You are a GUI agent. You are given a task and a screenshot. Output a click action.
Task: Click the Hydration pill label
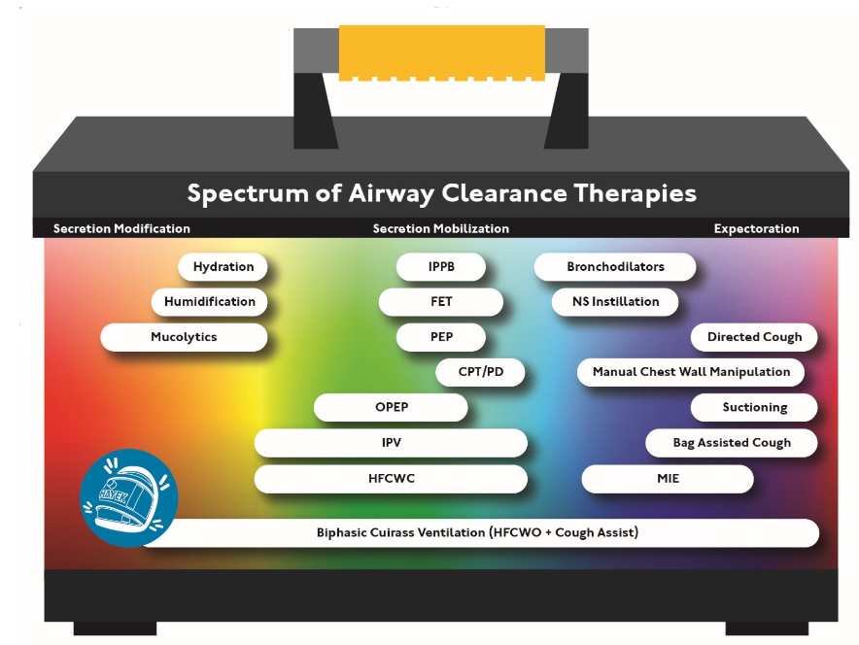point(223,267)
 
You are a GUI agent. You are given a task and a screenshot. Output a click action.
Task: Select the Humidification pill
point(209,302)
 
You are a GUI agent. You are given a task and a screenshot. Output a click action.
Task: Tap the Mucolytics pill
point(184,337)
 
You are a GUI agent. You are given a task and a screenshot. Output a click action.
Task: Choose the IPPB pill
point(441,267)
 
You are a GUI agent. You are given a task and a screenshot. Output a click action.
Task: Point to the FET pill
point(441,302)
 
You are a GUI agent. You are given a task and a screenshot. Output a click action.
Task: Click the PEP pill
point(441,337)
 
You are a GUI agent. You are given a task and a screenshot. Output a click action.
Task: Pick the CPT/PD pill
point(480,372)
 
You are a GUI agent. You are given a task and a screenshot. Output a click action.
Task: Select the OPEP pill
point(392,407)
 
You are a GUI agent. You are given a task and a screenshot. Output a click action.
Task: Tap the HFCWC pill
point(392,479)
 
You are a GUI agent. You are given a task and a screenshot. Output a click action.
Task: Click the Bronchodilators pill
point(615,267)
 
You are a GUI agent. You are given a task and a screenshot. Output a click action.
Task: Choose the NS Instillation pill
point(615,302)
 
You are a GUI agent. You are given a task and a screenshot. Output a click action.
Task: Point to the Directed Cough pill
point(754,337)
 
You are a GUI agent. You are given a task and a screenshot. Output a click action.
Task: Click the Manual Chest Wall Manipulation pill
point(691,372)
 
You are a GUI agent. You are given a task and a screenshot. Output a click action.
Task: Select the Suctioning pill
point(754,407)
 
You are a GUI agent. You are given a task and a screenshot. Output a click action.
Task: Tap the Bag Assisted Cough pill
point(732,442)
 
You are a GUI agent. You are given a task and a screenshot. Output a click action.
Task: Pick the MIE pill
point(668,479)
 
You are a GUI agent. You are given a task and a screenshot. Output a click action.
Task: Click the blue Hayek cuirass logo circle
point(128,497)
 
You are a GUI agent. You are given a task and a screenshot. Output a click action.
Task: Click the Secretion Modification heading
point(121,228)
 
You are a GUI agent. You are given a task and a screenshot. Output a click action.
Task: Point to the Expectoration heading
point(756,228)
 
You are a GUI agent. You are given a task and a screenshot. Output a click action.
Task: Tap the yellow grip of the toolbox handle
point(442,52)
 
